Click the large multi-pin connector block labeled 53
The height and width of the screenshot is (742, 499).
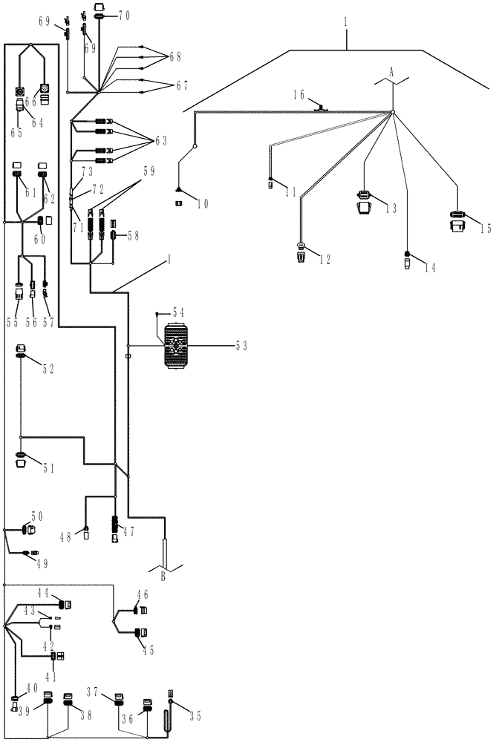pos(177,346)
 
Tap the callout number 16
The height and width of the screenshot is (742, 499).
pos(300,94)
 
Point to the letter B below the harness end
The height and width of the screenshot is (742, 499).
pos(163,577)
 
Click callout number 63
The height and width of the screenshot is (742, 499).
pos(160,140)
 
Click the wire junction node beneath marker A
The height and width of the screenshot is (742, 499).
pos(393,113)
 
